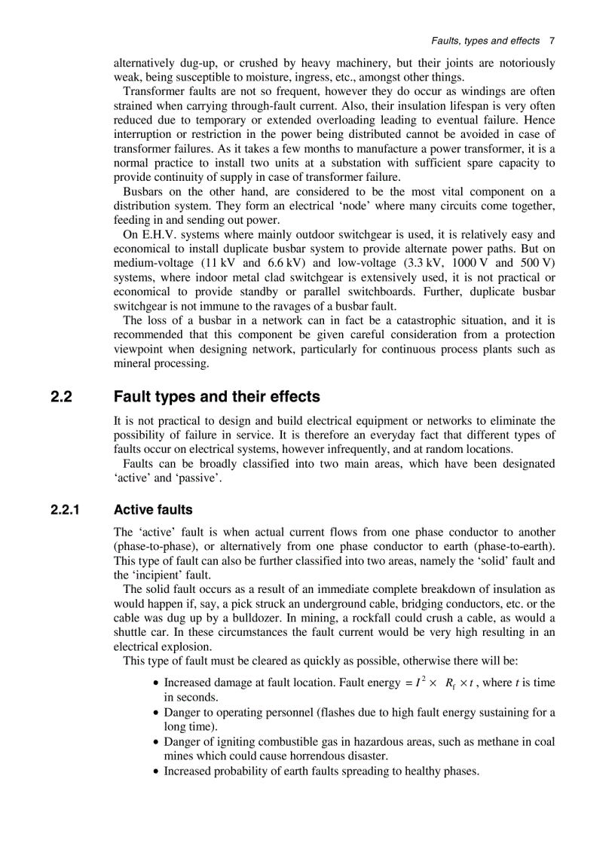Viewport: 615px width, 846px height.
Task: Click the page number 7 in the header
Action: pos(552,41)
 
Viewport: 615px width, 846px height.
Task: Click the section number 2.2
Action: pos(61,396)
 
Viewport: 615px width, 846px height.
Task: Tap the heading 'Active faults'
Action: pos(153,510)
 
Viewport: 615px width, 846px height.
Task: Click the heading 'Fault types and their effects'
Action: pos(216,396)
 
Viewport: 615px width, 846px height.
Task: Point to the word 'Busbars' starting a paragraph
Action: pos(142,191)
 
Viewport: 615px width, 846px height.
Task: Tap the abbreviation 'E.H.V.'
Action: pos(159,234)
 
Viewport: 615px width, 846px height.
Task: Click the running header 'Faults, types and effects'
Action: pos(485,41)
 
